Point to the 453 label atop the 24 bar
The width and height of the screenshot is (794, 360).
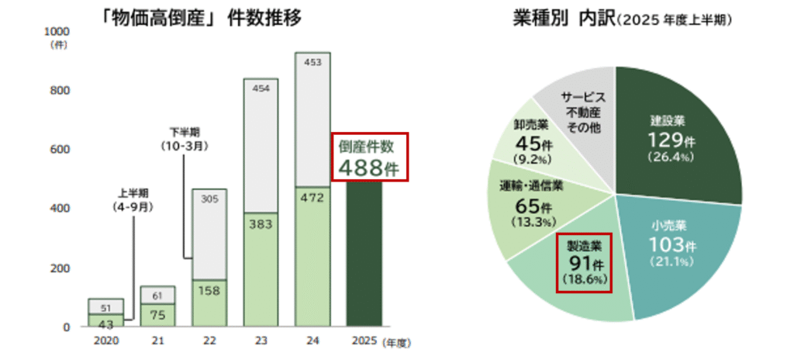tap(312, 63)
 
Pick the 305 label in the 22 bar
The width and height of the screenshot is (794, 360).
tap(209, 199)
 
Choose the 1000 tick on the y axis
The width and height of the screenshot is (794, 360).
tap(59, 31)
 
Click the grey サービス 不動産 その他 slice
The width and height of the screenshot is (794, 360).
tap(583, 112)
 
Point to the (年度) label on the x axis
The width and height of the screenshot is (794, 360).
tap(401, 341)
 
